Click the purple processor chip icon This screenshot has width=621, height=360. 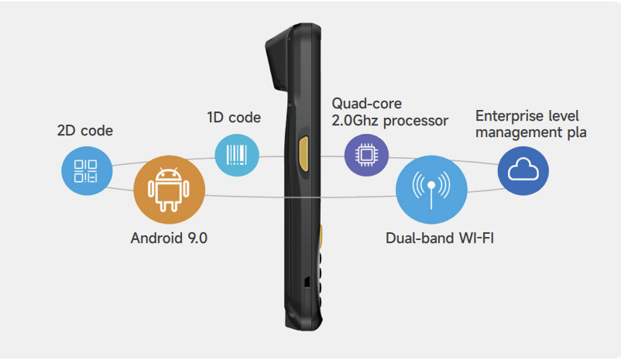tap(366, 154)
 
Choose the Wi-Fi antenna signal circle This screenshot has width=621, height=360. tap(431, 187)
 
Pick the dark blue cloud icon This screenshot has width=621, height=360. tap(523, 171)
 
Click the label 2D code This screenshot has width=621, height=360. tap(85, 131)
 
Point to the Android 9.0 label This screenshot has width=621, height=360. tap(169, 238)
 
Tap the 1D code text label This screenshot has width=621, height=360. tap(233, 118)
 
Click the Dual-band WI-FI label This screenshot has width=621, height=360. tap(439, 238)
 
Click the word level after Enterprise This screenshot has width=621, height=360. tap(567, 116)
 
